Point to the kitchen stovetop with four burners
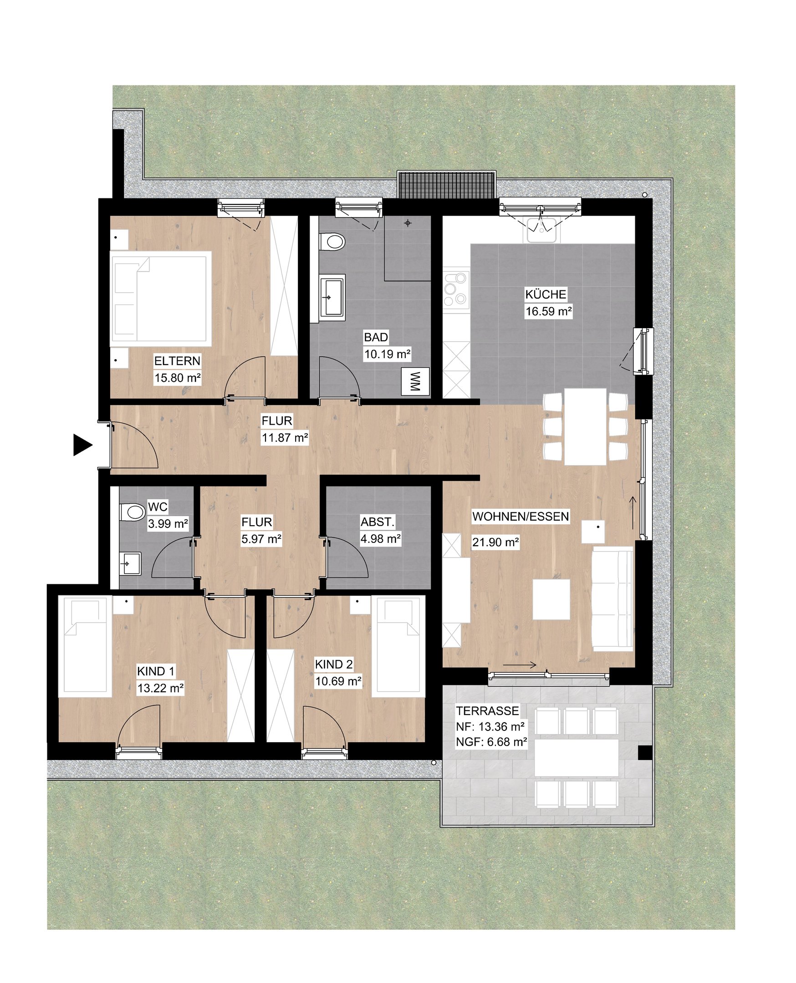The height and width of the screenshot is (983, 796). [x=456, y=288]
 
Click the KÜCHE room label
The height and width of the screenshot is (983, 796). [x=546, y=294]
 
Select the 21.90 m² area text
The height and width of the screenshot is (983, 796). [x=495, y=542]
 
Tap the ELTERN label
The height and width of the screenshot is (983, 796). [x=178, y=361]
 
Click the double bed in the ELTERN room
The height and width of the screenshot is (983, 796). [x=161, y=299]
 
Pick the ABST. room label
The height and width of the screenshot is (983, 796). [x=378, y=522]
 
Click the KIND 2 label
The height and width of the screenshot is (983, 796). [x=334, y=664]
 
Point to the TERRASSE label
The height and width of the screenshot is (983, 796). [x=487, y=711]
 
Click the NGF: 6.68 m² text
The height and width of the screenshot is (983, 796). [x=491, y=742]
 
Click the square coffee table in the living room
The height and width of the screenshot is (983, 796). [x=551, y=599]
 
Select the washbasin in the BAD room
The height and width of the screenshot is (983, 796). [x=332, y=296]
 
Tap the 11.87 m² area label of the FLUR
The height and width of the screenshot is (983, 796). [x=285, y=438]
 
